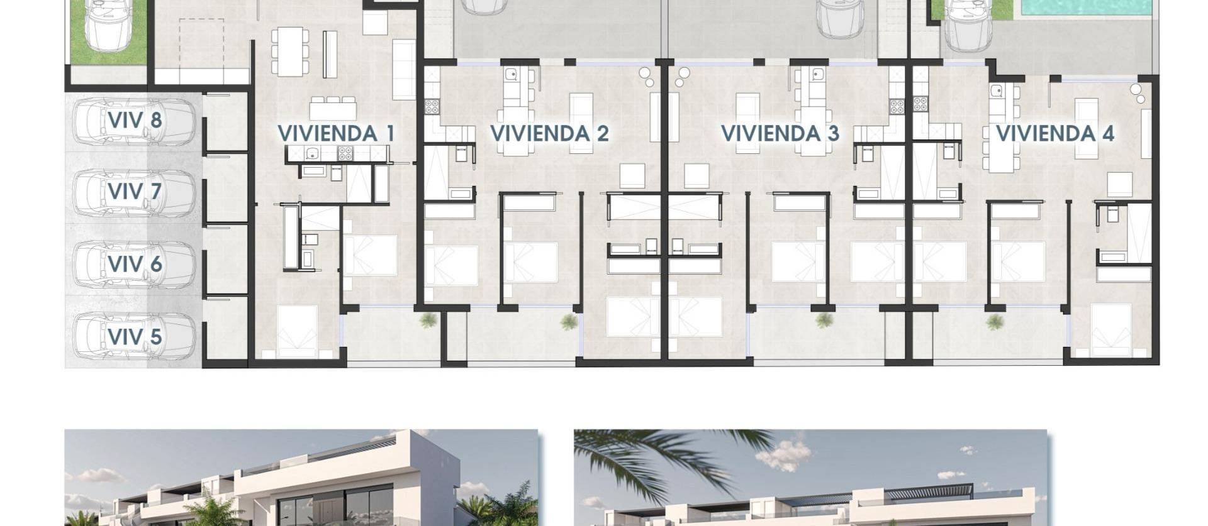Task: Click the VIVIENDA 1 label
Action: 336,133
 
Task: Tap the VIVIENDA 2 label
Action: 549,133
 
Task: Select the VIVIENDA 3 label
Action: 780,133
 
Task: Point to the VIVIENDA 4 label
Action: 1054,133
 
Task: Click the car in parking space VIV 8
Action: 133,120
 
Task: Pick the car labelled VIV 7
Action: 133,192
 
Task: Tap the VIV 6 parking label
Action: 135,264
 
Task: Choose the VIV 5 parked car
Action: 133,336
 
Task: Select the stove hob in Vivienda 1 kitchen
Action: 345,153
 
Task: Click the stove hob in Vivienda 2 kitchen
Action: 432,106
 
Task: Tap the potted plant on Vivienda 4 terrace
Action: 995,322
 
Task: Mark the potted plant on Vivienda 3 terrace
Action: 824,321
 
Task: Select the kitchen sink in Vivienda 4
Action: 997,92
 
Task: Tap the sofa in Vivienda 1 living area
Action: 403,69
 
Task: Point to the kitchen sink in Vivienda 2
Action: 512,75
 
